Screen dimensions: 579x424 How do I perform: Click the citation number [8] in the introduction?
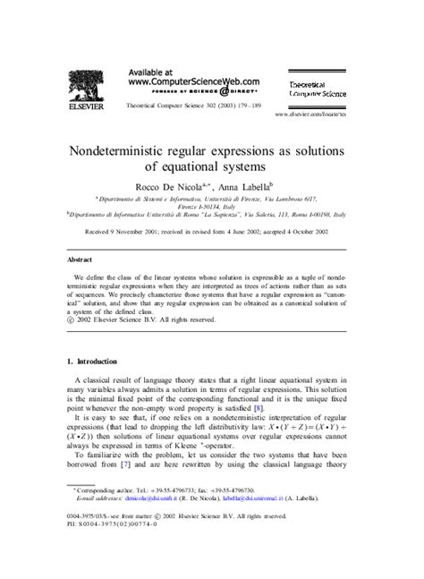click(x=257, y=407)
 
